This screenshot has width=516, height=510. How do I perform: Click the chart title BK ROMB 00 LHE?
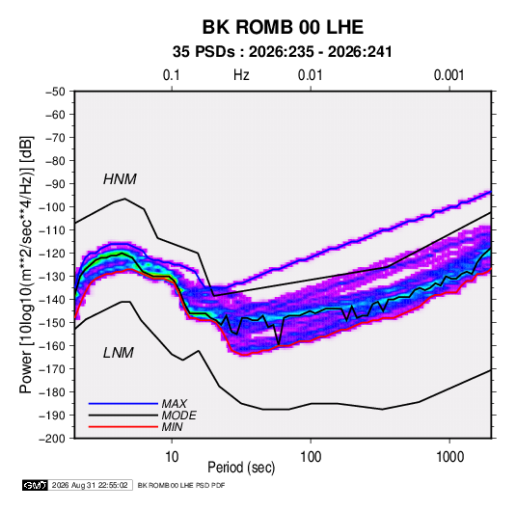(x=283, y=27)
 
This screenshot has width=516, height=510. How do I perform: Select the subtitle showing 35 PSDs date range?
(x=283, y=52)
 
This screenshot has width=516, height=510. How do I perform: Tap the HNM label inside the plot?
(x=120, y=179)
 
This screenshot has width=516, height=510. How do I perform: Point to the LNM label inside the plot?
(x=119, y=353)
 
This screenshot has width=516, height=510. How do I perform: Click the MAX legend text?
(x=175, y=403)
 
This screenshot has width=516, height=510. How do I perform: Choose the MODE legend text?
(x=179, y=416)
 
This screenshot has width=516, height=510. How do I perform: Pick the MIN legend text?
(x=173, y=427)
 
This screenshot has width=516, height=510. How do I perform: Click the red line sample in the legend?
(x=123, y=427)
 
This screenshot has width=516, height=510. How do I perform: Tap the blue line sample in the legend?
(x=123, y=403)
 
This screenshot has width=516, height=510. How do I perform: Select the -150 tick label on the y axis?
(x=52, y=323)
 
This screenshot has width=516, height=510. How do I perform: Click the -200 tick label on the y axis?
(x=52, y=439)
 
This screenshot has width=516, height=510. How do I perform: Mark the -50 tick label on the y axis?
(x=55, y=92)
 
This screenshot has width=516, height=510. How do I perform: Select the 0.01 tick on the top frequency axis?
(x=310, y=75)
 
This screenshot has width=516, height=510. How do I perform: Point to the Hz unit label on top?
(x=241, y=75)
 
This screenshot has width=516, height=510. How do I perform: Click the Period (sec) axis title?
(x=241, y=468)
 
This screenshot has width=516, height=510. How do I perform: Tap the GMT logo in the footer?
(x=36, y=485)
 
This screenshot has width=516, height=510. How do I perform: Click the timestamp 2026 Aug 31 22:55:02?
(x=90, y=485)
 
